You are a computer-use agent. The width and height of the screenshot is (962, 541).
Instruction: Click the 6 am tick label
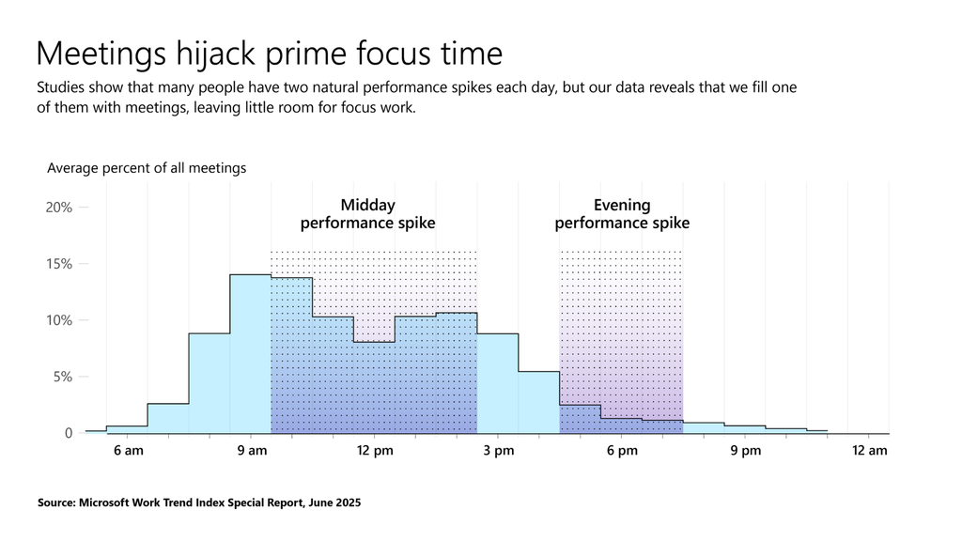pyautogui.click(x=128, y=451)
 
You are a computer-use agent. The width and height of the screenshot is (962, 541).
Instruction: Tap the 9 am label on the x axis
pyautogui.click(x=252, y=451)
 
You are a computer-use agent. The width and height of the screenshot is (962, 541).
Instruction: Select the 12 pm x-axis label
pyautogui.click(x=375, y=451)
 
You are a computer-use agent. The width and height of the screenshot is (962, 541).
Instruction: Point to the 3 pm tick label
pyautogui.click(x=499, y=451)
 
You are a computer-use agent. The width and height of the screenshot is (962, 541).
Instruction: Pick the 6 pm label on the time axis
pyautogui.click(x=622, y=451)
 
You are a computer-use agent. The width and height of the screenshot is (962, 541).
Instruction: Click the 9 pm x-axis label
pyautogui.click(x=746, y=451)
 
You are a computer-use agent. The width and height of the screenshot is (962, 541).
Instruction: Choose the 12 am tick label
pyautogui.click(x=870, y=451)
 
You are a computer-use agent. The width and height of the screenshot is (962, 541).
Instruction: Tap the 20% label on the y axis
pyautogui.click(x=59, y=208)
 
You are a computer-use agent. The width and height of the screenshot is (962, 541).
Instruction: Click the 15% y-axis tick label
pyautogui.click(x=59, y=264)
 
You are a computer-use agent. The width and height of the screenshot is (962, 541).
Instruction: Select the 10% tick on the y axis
pyautogui.click(x=59, y=320)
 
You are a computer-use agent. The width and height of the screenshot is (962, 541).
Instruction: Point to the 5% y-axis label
pyautogui.click(x=62, y=377)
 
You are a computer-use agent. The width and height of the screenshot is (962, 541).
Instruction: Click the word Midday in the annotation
pyautogui.click(x=367, y=205)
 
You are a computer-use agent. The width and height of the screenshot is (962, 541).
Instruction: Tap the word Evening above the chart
pyautogui.click(x=622, y=205)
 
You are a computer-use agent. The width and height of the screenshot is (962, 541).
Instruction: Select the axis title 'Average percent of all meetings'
pyautogui.click(x=147, y=168)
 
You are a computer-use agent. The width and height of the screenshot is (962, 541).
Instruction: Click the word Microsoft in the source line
pyautogui.click(x=116, y=503)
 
